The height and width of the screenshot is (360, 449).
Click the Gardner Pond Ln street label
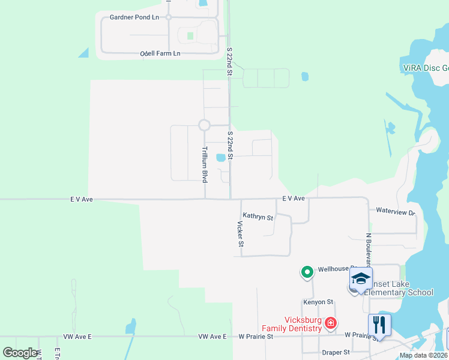[134, 17]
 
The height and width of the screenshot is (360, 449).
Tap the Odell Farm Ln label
[160, 53]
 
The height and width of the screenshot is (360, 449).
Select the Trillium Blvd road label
[204, 164]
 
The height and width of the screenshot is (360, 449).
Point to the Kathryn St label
[258, 217]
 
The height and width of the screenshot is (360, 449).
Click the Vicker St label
[240, 233]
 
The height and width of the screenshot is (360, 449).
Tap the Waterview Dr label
[396, 212]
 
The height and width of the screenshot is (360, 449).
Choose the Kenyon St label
[318, 302]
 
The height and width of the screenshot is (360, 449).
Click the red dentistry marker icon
[330, 323]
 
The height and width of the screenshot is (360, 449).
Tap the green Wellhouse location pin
[307, 272]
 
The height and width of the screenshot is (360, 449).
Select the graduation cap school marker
[361, 279]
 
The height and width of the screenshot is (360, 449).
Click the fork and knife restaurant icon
[379, 325]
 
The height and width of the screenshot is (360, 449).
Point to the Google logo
[20, 352]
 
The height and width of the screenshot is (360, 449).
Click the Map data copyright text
[424, 355]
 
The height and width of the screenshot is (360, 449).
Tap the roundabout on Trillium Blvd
[204, 125]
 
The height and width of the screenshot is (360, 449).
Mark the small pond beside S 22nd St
[221, 158]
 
